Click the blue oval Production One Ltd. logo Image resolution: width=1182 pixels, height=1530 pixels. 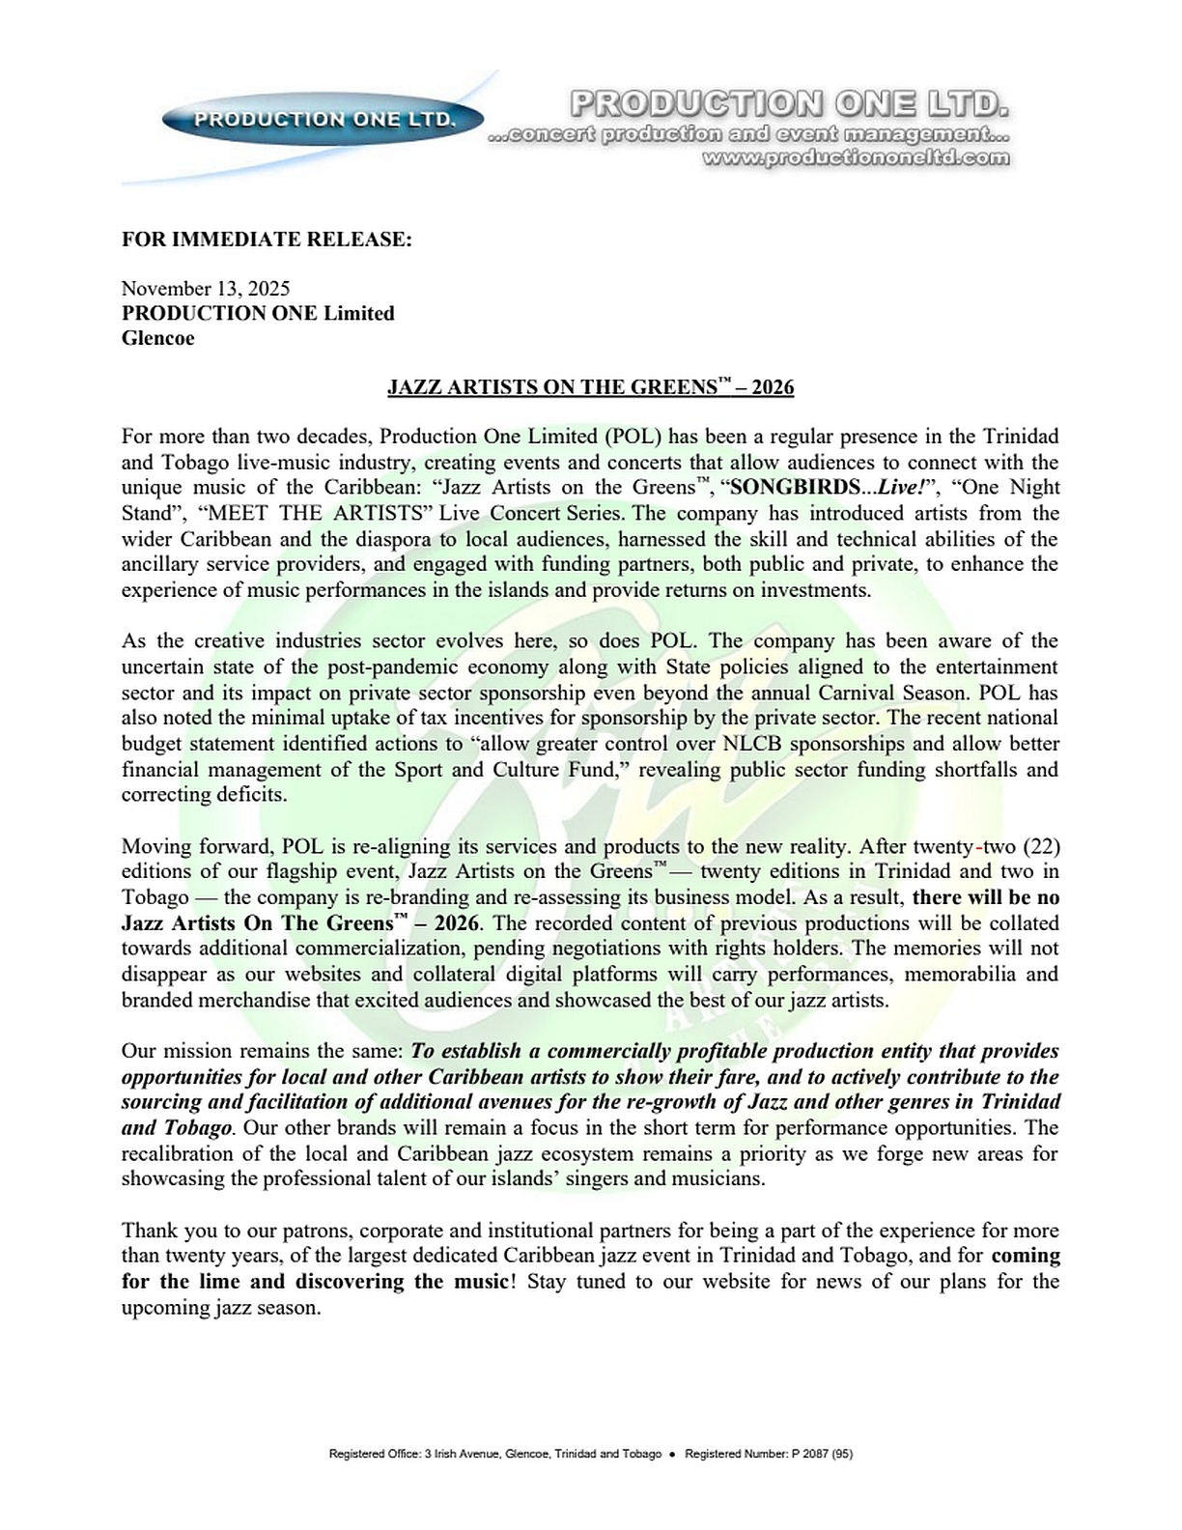[324, 119]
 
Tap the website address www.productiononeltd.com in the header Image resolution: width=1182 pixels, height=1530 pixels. [857, 157]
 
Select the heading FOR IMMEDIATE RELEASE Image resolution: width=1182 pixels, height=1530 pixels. [267, 239]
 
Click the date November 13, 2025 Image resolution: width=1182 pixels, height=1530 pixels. [206, 288]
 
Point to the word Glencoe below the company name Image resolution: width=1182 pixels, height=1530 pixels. [157, 338]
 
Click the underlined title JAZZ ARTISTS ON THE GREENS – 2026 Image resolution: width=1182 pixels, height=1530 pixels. [590, 387]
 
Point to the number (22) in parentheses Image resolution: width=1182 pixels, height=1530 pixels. [1040, 846]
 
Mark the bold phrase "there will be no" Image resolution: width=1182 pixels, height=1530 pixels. [986, 897]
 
